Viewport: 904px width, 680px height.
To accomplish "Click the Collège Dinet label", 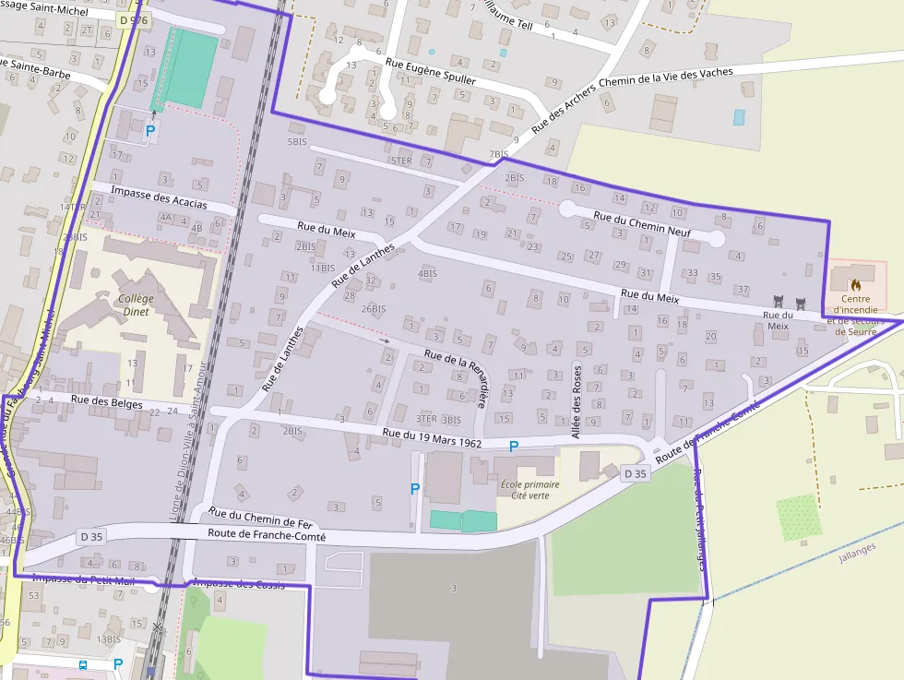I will pos(137,304).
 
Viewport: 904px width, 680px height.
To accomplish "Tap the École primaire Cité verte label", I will pos(523,489).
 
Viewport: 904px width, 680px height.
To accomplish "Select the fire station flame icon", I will pos(855,285).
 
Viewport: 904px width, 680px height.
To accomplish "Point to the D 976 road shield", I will pos(133,19).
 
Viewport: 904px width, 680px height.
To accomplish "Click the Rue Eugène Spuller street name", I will pos(430,72).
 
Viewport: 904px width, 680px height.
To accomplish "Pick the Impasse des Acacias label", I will pos(159,197).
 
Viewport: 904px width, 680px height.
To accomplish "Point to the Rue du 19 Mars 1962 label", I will pos(432,437).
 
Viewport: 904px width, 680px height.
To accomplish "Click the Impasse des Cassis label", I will pos(238,582).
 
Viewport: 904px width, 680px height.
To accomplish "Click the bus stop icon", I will pos(83,664).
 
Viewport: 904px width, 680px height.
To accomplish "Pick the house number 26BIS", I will pos(374,308).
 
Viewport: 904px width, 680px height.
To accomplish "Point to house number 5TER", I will pos(400,161).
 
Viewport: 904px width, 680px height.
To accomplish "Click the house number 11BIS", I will pos(322,268).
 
